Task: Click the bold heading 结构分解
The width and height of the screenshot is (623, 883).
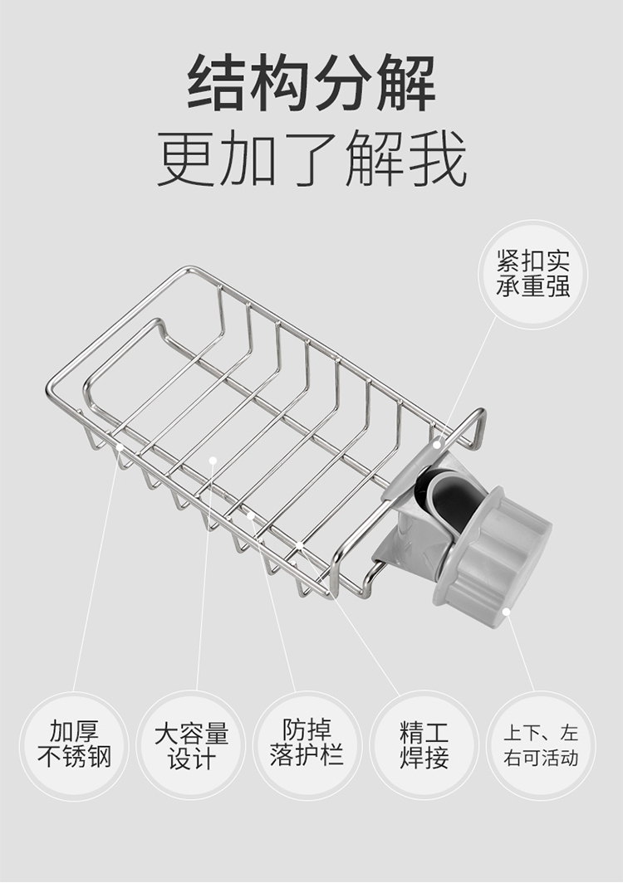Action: click(x=311, y=82)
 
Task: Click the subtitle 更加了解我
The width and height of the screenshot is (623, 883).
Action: click(x=311, y=159)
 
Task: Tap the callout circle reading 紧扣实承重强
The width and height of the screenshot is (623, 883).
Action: click(x=532, y=274)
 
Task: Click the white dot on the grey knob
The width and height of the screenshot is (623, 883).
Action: click(x=506, y=612)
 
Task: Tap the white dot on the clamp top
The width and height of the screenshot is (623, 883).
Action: click(x=436, y=445)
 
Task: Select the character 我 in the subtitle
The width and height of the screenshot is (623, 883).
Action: click(x=438, y=159)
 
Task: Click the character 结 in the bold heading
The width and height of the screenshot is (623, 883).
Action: click(x=217, y=82)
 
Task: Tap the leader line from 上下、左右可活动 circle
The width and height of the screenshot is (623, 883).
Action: click(x=520, y=652)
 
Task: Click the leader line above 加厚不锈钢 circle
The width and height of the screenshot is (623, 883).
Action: click(x=96, y=568)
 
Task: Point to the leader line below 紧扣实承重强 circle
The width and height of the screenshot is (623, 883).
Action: click(x=467, y=380)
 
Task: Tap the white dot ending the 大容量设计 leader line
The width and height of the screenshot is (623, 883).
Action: click(x=213, y=460)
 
